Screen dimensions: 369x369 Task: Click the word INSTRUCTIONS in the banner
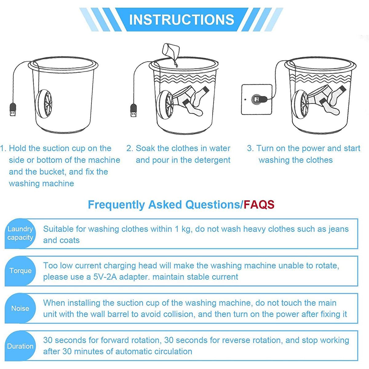tap(181, 20)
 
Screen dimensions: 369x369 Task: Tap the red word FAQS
tap(259, 204)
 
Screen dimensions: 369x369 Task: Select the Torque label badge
tap(20, 271)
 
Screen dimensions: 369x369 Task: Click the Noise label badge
tap(20, 308)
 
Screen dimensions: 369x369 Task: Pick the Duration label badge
tap(20, 346)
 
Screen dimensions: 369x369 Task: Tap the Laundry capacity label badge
tap(20, 233)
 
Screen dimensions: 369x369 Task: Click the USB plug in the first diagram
tap(13, 109)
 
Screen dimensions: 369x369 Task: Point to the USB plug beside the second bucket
tap(134, 110)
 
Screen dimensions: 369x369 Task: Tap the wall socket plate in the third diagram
tap(256, 100)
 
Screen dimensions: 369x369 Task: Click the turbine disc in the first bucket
tap(44, 104)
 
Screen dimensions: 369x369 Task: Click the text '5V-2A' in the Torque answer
tap(105, 277)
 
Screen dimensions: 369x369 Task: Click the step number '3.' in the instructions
tap(250, 148)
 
